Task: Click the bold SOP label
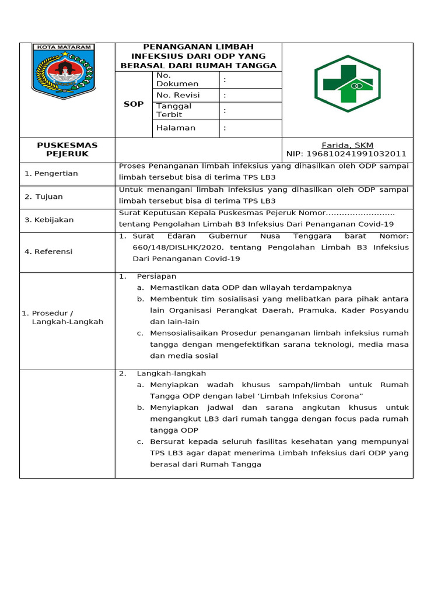point(134,104)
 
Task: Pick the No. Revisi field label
point(178,95)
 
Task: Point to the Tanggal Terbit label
point(173,110)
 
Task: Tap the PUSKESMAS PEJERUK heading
point(67,149)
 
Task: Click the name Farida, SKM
point(347,145)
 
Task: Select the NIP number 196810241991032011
point(346,154)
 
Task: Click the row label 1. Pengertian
point(51,173)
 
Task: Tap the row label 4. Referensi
point(48,251)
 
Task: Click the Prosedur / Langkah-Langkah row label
point(64,317)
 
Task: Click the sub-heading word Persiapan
point(156,276)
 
